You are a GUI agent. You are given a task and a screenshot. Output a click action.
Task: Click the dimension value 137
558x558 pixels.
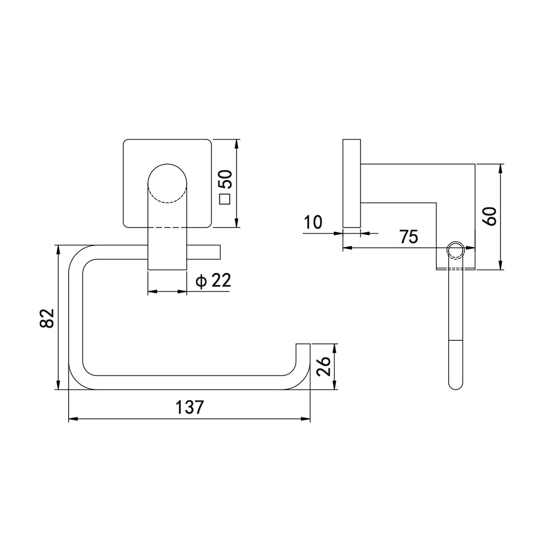tap(190, 407)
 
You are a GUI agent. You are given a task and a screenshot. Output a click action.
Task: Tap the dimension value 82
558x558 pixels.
tap(47, 318)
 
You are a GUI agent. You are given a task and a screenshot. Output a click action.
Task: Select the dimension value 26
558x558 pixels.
tap(324, 366)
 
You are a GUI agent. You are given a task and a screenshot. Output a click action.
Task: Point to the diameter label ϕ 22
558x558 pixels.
tap(213, 281)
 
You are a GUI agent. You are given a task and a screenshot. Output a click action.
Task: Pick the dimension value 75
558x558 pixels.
tap(408, 237)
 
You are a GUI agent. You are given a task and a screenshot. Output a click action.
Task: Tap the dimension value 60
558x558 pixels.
tap(491, 216)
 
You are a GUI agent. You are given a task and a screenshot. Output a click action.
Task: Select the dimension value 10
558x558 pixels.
tap(313, 223)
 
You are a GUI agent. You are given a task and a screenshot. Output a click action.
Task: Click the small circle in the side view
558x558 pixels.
tap(455, 251)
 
